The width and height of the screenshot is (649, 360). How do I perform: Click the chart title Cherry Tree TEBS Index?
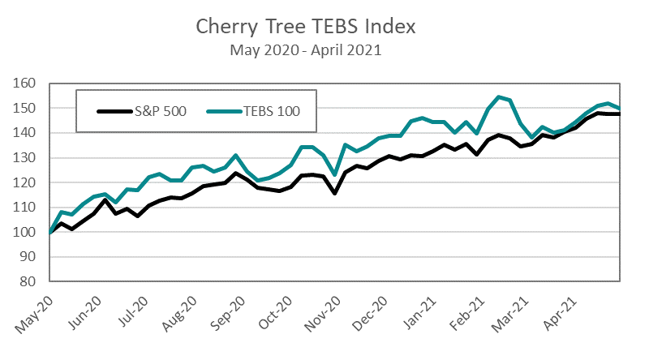307,26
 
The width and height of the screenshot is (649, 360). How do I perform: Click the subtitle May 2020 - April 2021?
307,50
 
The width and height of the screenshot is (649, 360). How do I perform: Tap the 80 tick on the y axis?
31,281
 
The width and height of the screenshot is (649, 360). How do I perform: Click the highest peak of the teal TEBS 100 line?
499,97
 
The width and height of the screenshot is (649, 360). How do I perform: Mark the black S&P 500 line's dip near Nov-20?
333,193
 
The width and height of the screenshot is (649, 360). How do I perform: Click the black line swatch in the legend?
111,111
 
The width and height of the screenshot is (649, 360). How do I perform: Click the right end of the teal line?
620,108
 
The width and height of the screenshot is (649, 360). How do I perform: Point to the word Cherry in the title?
223,26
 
